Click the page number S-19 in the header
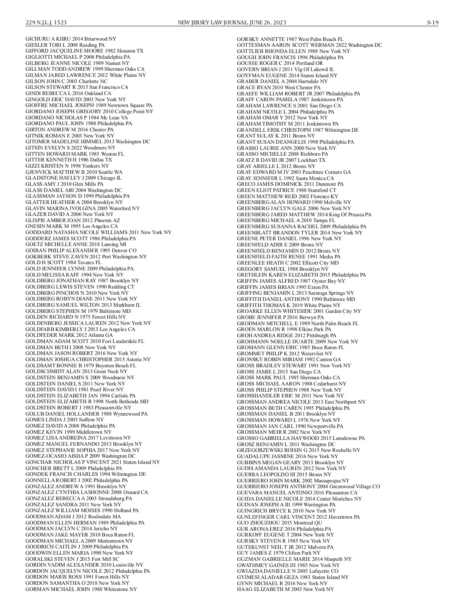click(433, 22)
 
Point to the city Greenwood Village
click(351, 487)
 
